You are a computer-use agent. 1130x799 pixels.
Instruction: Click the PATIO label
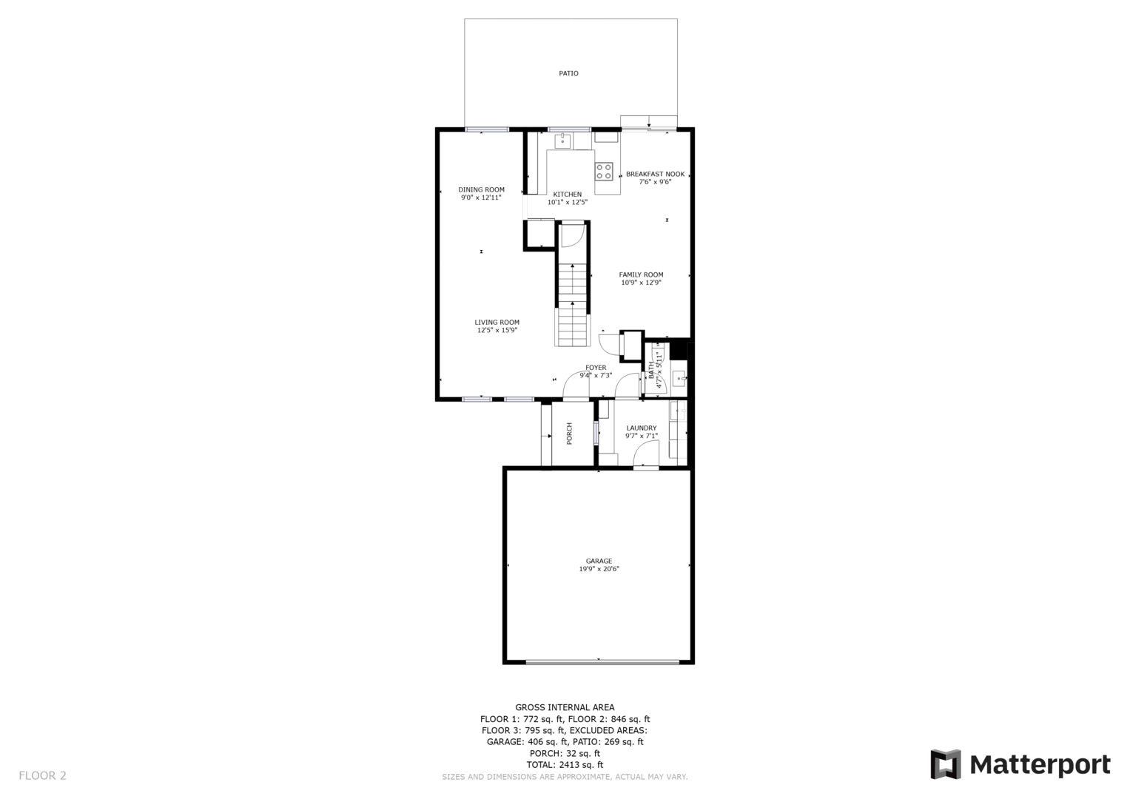(x=568, y=73)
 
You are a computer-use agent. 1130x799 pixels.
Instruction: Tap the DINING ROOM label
(x=481, y=189)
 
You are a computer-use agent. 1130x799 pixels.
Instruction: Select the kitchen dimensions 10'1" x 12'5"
(x=568, y=202)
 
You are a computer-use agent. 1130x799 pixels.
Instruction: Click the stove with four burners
(x=604, y=172)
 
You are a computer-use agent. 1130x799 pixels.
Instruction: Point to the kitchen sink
(x=563, y=141)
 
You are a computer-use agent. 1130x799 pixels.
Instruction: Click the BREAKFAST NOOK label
(x=655, y=174)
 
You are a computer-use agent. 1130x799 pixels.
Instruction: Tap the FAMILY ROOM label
(x=641, y=274)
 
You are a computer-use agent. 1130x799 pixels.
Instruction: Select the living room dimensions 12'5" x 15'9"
(x=497, y=330)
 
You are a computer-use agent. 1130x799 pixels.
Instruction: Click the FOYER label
(x=596, y=368)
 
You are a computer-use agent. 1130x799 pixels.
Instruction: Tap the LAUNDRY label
(x=641, y=428)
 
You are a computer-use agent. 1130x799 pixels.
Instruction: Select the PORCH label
(x=569, y=433)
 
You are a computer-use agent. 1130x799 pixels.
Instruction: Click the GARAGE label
(x=599, y=561)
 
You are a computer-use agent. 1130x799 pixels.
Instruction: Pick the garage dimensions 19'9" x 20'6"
(x=599, y=569)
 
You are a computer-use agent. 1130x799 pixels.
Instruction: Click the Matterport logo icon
(x=945, y=764)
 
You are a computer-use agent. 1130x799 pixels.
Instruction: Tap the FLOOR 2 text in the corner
(x=42, y=775)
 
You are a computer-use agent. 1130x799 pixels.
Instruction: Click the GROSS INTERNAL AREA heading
(x=565, y=707)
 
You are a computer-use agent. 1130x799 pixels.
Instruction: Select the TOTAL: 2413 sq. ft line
(x=565, y=764)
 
